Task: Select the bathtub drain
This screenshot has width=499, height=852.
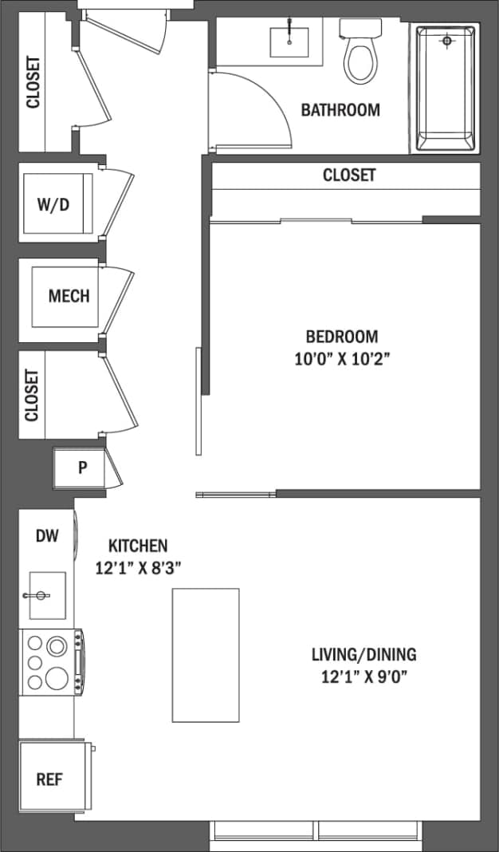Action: coord(447,39)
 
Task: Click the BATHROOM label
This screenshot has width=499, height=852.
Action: coord(340,110)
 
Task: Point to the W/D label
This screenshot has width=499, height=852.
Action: coord(53,203)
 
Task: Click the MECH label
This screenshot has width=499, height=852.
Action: coord(69,296)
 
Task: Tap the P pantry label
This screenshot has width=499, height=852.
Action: coord(81,468)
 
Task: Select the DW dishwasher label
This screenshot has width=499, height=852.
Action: coord(47,536)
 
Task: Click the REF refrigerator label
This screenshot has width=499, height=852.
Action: coord(49,779)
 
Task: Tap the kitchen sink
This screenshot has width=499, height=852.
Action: coord(46,595)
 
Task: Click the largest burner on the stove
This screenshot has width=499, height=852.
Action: coord(57,678)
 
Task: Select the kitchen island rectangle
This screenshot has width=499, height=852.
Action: coord(206,655)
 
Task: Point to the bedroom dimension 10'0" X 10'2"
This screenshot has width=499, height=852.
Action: coord(342,359)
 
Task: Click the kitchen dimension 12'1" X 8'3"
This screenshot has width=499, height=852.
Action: coord(138,568)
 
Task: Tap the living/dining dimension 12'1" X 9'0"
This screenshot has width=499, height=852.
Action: coord(363,678)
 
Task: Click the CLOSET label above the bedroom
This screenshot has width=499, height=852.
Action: coord(348,175)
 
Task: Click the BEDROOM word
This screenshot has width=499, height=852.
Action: coord(342,337)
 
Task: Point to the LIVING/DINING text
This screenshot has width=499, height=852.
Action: coord(363,656)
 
